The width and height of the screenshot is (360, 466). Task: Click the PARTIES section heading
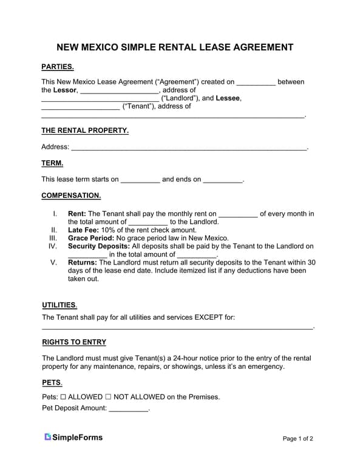[x=57, y=67]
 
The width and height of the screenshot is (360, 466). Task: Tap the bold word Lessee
[x=228, y=98]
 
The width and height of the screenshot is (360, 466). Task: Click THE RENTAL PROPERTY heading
[x=84, y=130]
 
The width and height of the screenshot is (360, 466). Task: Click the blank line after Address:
[x=189, y=147]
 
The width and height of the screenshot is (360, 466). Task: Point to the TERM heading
[x=52, y=163]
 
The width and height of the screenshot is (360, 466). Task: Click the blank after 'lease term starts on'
[x=140, y=180]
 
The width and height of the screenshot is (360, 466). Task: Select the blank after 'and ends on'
[x=222, y=180]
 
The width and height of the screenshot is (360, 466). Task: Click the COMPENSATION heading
[x=71, y=196]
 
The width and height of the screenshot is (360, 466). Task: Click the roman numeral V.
[x=54, y=263]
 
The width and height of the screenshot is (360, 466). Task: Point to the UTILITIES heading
[x=59, y=305]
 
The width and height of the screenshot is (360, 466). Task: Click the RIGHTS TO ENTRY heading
[x=74, y=342]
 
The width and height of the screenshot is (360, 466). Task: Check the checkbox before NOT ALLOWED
[x=108, y=397]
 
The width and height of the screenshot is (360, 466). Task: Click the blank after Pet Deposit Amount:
[x=128, y=408]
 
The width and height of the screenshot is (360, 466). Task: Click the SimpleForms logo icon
[x=47, y=437]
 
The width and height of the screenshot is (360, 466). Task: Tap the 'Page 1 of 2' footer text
[x=298, y=439]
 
